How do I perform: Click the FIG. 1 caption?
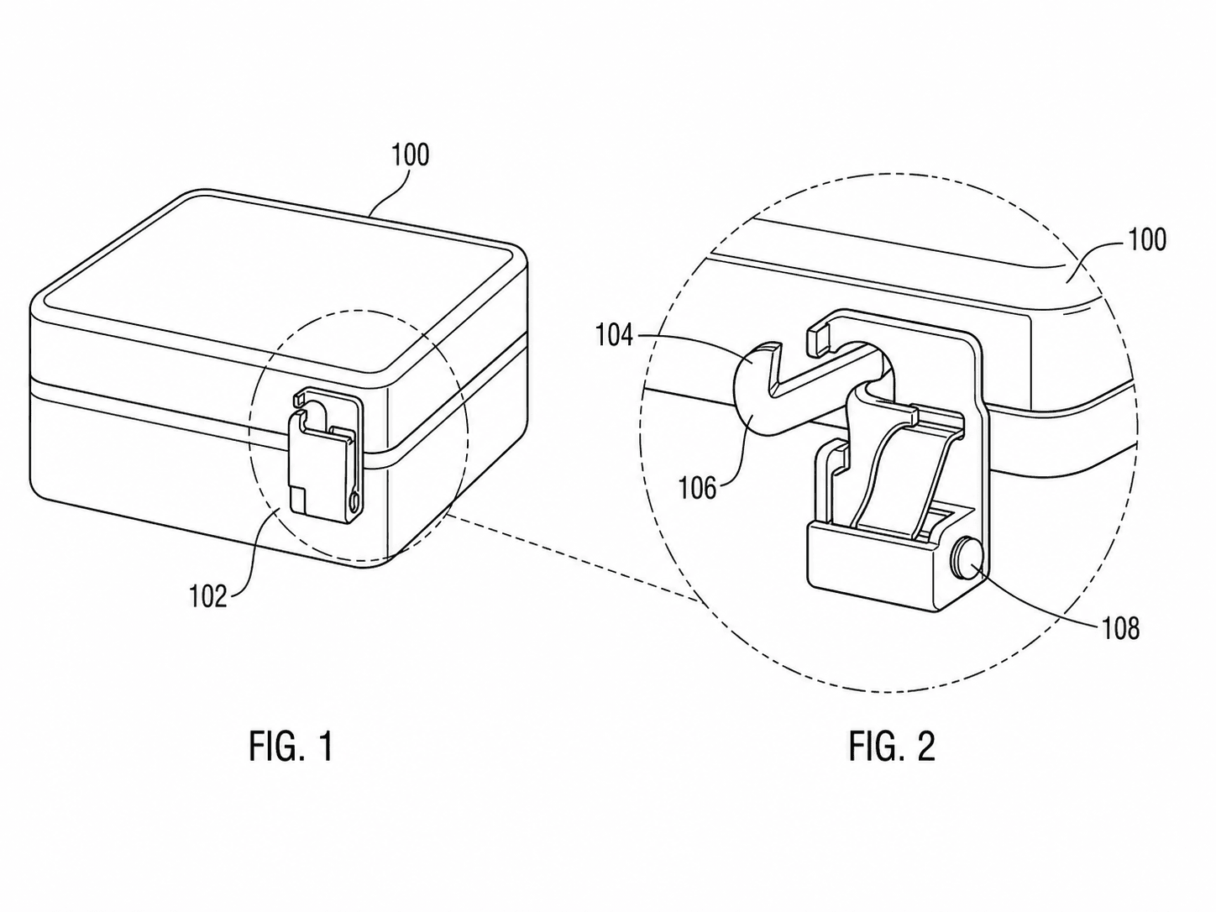(x=291, y=746)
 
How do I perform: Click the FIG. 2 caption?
(x=892, y=746)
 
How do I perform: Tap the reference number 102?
(x=208, y=596)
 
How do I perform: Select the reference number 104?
(x=615, y=336)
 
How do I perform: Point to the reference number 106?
(x=698, y=489)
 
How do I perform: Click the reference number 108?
(x=1121, y=630)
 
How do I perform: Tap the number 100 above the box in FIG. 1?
(x=411, y=155)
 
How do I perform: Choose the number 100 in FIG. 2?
(x=1147, y=240)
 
